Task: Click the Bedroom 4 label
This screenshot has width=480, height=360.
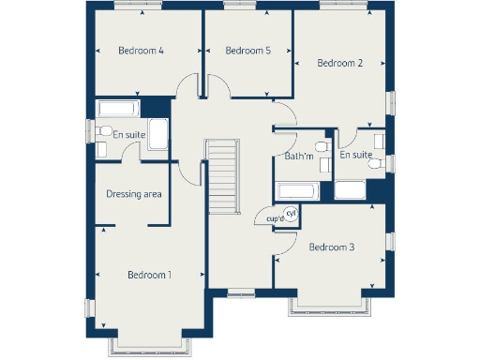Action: click(x=142, y=51)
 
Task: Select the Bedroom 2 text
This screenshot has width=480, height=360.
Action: click(x=339, y=63)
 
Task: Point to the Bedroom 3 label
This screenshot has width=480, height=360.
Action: click(x=331, y=247)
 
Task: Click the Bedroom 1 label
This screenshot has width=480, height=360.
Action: click(x=149, y=275)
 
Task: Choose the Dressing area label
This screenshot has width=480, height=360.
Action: click(x=134, y=194)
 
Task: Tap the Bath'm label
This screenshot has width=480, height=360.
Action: click(x=298, y=156)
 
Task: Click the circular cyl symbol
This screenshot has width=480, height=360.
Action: click(x=291, y=213)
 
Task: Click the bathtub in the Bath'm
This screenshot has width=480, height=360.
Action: click(x=297, y=191)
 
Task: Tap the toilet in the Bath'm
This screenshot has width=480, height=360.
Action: click(x=322, y=148)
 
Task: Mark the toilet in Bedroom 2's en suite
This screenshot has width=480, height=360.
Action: click(x=377, y=164)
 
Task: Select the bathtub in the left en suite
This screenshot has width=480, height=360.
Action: click(x=118, y=108)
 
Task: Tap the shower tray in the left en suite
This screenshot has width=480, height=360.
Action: click(x=158, y=133)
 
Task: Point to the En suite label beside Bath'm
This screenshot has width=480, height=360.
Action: click(x=356, y=155)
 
